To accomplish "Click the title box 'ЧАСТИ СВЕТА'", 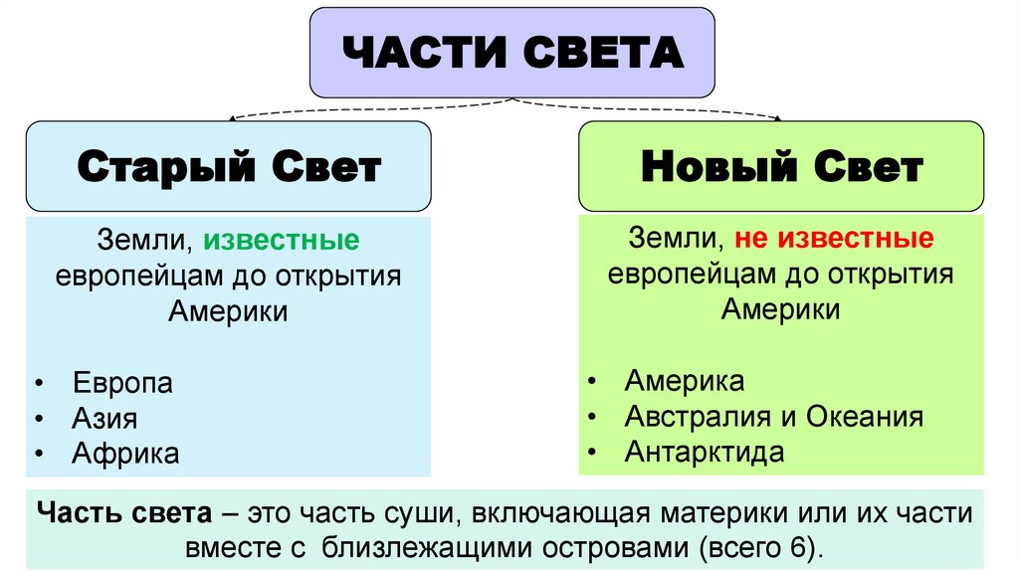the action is (x=512, y=53).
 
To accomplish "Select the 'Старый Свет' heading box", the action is (x=228, y=166).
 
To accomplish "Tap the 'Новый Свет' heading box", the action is (x=781, y=166).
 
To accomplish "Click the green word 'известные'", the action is (x=282, y=240).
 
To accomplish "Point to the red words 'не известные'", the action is (x=834, y=239).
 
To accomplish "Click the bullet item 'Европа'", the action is (x=122, y=383).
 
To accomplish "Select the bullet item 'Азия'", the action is (x=104, y=419).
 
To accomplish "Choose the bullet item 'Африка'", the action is (x=125, y=455).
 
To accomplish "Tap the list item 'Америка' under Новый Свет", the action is (x=684, y=381).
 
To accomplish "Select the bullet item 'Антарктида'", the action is (x=705, y=452).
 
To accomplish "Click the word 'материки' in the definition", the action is (x=713, y=513).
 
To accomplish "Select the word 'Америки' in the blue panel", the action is (x=228, y=311).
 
